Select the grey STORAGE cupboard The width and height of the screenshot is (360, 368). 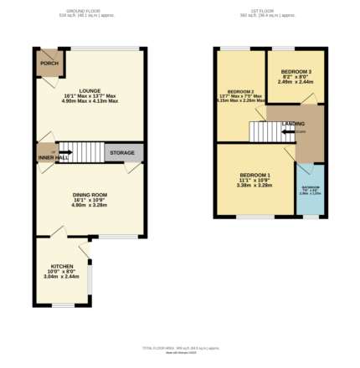pos(123,153)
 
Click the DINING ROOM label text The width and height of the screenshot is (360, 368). pos(90,194)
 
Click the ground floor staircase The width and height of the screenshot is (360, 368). pos(82,153)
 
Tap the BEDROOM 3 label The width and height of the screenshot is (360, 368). pos(296,71)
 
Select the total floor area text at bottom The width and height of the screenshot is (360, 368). pos(180,348)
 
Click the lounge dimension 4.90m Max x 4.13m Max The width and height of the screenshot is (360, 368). pos(90,101)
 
